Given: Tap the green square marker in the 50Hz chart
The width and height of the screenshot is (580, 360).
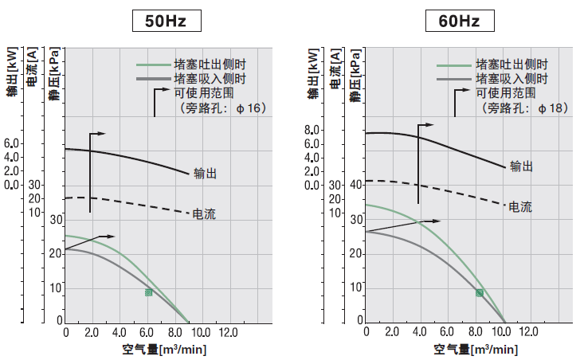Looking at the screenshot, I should point(148,293).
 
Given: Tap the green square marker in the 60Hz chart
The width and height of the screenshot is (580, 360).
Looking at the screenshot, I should point(480,293).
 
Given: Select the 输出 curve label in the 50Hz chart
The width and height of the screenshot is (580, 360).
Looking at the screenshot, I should point(206,173).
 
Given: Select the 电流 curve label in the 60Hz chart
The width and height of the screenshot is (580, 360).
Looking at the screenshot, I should point(519,207).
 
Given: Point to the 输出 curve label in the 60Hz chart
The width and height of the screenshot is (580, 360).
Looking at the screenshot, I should point(521,166).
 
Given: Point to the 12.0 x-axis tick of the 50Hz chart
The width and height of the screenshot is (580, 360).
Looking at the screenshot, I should point(228,331).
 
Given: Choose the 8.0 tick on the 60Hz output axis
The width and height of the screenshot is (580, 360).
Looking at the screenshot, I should point(312,130).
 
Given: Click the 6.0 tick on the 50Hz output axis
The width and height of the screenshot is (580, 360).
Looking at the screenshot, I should point(11,143).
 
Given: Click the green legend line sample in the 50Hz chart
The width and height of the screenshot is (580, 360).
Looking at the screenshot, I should point(152,65).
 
